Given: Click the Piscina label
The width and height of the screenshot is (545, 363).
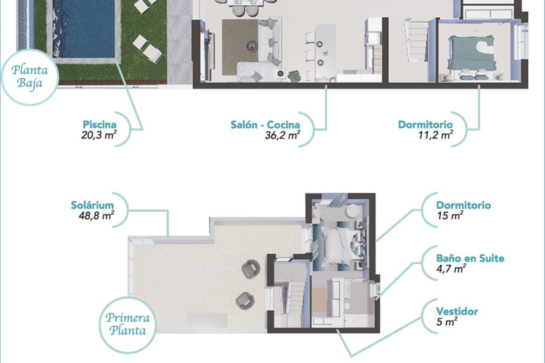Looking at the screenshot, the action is [x=99, y=124].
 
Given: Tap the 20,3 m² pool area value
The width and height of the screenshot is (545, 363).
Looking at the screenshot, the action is [x=99, y=135].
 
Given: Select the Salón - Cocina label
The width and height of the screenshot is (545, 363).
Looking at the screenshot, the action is [x=265, y=125].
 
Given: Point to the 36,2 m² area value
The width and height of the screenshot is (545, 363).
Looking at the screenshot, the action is [x=282, y=135].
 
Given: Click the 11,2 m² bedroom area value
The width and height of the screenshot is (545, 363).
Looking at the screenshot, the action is [x=435, y=135].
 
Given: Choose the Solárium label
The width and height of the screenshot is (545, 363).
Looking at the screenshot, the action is [x=92, y=205].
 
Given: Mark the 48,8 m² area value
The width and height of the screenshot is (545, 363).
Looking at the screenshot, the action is [x=97, y=216].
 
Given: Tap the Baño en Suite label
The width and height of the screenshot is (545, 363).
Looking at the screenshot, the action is [x=470, y=258].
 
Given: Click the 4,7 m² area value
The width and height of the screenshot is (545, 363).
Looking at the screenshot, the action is [x=451, y=269].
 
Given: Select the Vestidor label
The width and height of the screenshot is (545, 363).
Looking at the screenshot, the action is [x=457, y=311].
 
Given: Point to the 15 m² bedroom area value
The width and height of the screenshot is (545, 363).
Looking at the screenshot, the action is [x=450, y=216].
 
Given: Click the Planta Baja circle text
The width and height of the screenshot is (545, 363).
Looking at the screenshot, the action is [x=30, y=77].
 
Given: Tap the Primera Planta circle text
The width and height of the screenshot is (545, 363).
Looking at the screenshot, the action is [x=128, y=324].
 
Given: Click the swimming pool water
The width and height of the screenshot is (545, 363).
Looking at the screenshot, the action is [x=88, y=28].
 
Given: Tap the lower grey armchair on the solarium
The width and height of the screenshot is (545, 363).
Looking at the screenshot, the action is [x=245, y=300].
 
